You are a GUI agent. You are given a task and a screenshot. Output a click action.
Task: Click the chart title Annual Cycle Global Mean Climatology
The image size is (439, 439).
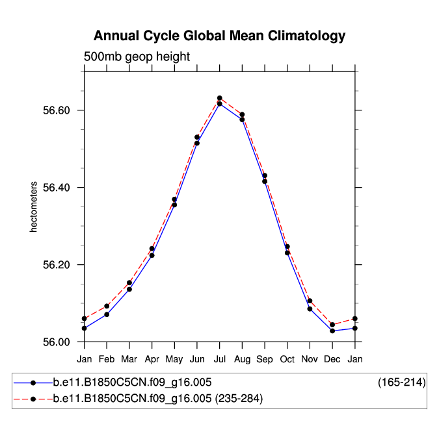click(x=219, y=35)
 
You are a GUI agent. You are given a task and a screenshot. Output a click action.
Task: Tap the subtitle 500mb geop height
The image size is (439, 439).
click(x=137, y=56)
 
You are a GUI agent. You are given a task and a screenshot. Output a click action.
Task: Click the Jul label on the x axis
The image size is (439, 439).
click(x=220, y=359)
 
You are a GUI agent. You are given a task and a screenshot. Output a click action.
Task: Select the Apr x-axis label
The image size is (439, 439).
click(x=152, y=359)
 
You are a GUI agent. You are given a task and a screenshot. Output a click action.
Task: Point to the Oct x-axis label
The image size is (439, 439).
click(x=287, y=359)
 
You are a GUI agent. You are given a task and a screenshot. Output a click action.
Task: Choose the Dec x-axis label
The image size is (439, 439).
click(x=332, y=359)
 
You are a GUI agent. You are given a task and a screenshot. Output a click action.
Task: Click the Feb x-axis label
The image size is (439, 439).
click(x=107, y=359)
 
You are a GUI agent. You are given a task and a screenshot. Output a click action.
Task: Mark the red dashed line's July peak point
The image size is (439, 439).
click(x=220, y=98)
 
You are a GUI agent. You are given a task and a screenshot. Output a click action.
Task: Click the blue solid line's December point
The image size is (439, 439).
click(x=332, y=331)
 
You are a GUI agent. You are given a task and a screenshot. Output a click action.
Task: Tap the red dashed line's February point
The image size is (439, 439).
click(x=107, y=306)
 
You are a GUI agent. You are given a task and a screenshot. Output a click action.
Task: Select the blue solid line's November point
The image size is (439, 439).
click(x=310, y=309)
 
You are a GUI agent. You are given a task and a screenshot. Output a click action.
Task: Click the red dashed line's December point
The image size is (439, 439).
click(x=332, y=325)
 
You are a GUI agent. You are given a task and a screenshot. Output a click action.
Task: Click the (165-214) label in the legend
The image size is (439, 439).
click(x=401, y=383)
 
